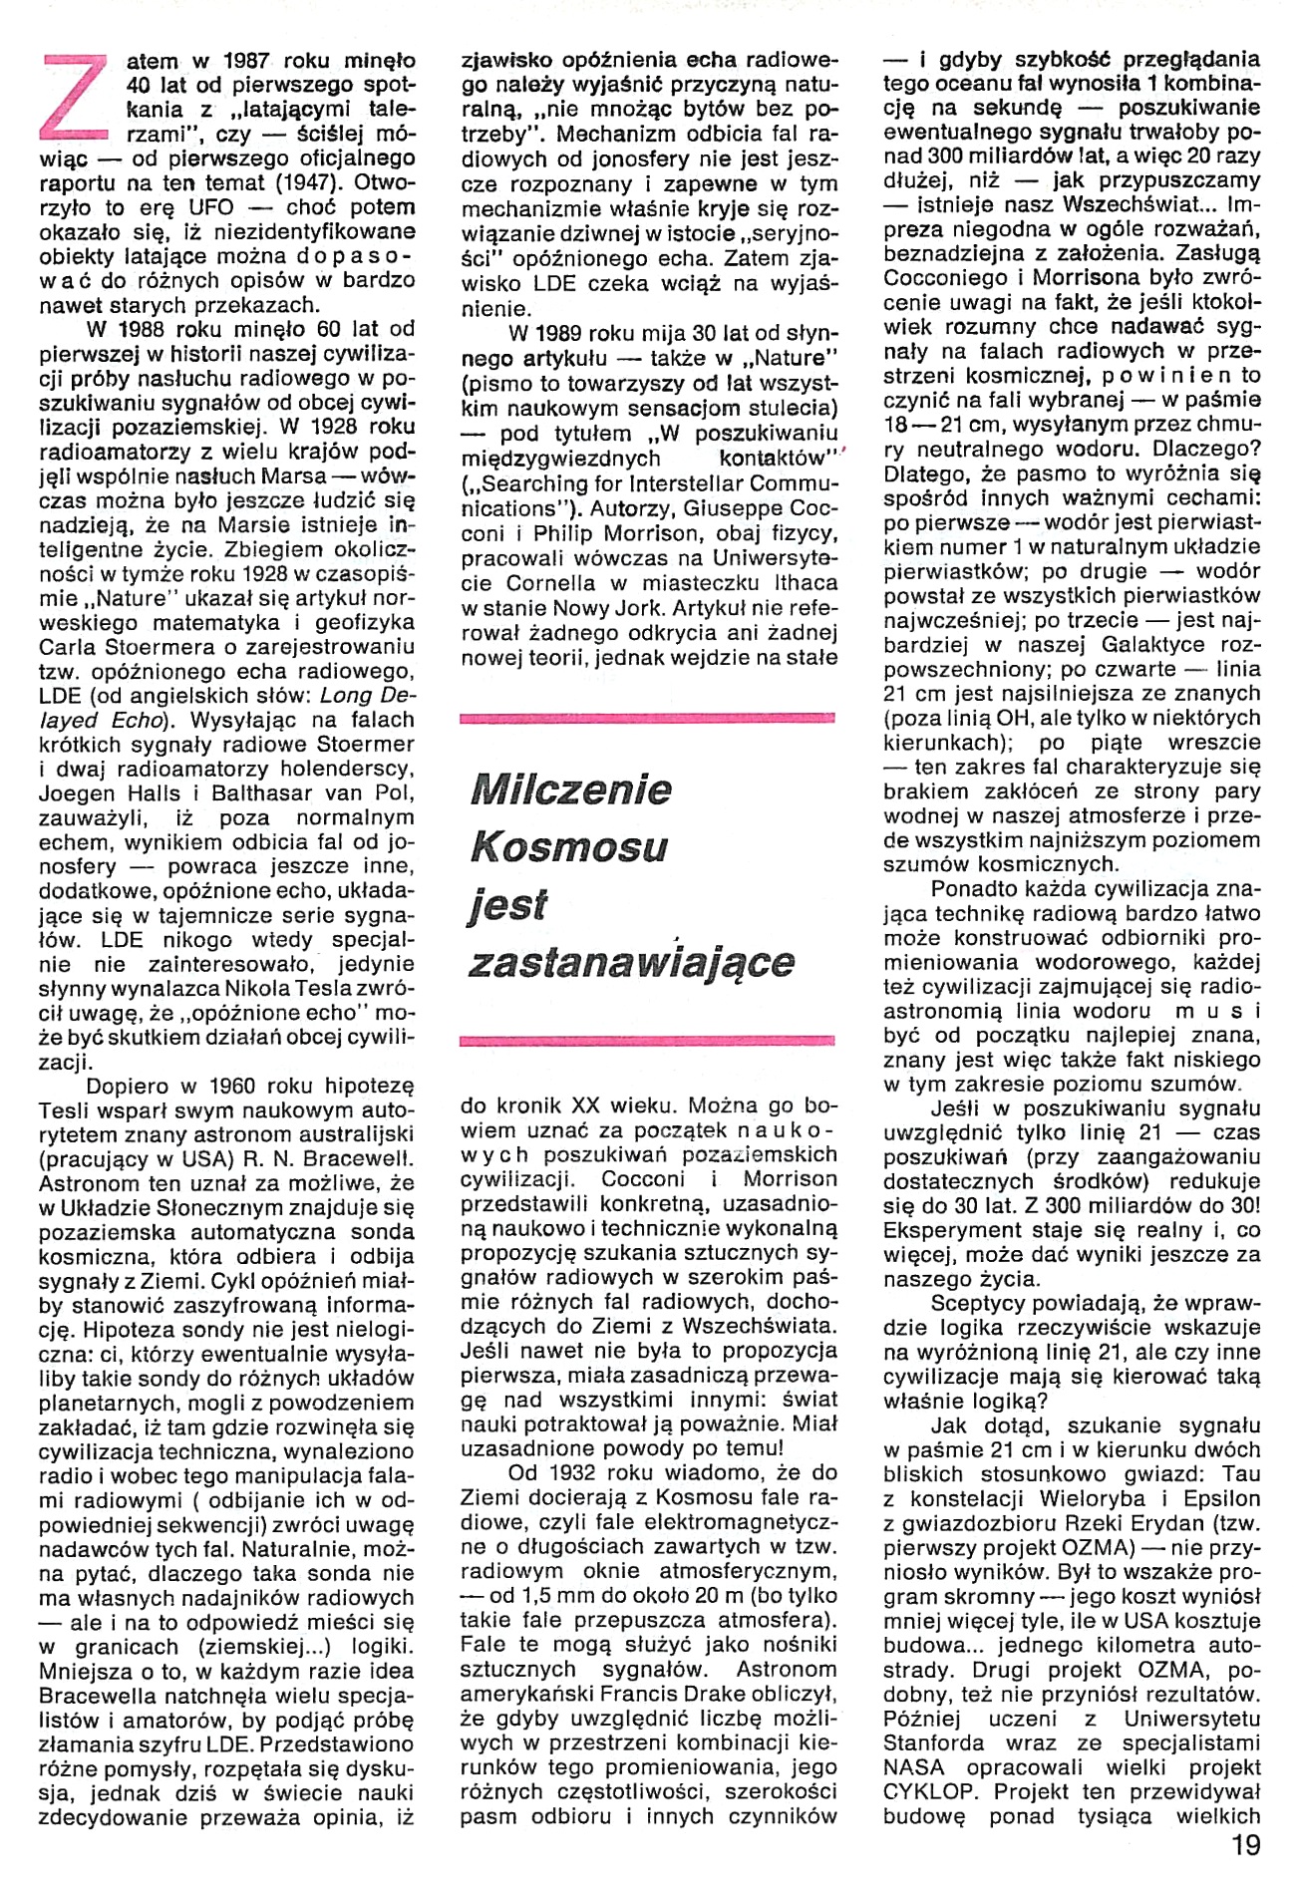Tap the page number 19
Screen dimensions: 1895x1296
pyautogui.click(x=1245, y=1845)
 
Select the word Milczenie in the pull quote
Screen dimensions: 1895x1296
pyautogui.click(x=570, y=790)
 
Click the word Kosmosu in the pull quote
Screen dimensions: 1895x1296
pyautogui.click(x=568, y=847)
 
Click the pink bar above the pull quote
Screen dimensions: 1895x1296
pyautogui.click(x=647, y=717)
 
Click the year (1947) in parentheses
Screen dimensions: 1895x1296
pyautogui.click(x=309, y=182)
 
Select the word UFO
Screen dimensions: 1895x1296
pyautogui.click(x=210, y=207)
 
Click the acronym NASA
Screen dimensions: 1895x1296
pyautogui.click(x=913, y=1766)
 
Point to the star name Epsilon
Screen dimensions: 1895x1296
pyautogui.click(x=1222, y=1498)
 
